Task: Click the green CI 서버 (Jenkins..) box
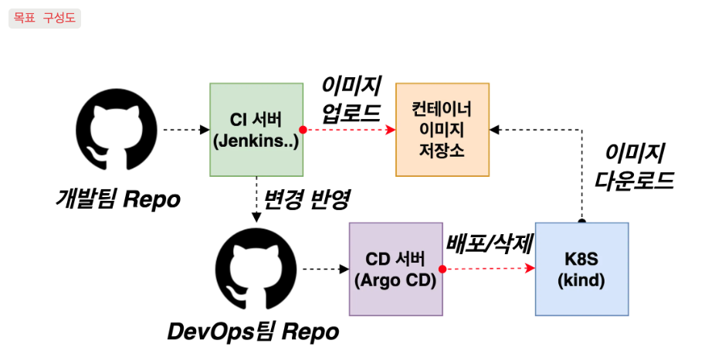point(256,130)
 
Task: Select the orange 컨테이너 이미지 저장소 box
point(442,129)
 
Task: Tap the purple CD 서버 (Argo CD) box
point(395,269)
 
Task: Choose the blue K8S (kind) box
point(581,269)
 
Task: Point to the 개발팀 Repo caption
point(117,199)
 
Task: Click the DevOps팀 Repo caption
point(253,332)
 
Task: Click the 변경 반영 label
point(307,200)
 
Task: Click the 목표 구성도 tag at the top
point(45,18)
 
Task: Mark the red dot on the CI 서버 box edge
point(303,130)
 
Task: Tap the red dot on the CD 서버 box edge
point(442,269)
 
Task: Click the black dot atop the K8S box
point(581,222)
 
